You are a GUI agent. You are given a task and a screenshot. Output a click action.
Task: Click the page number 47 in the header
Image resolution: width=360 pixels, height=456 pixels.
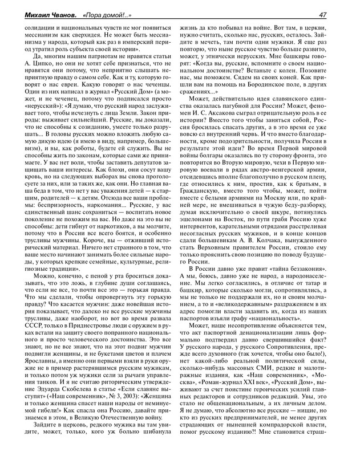point(338,14)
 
